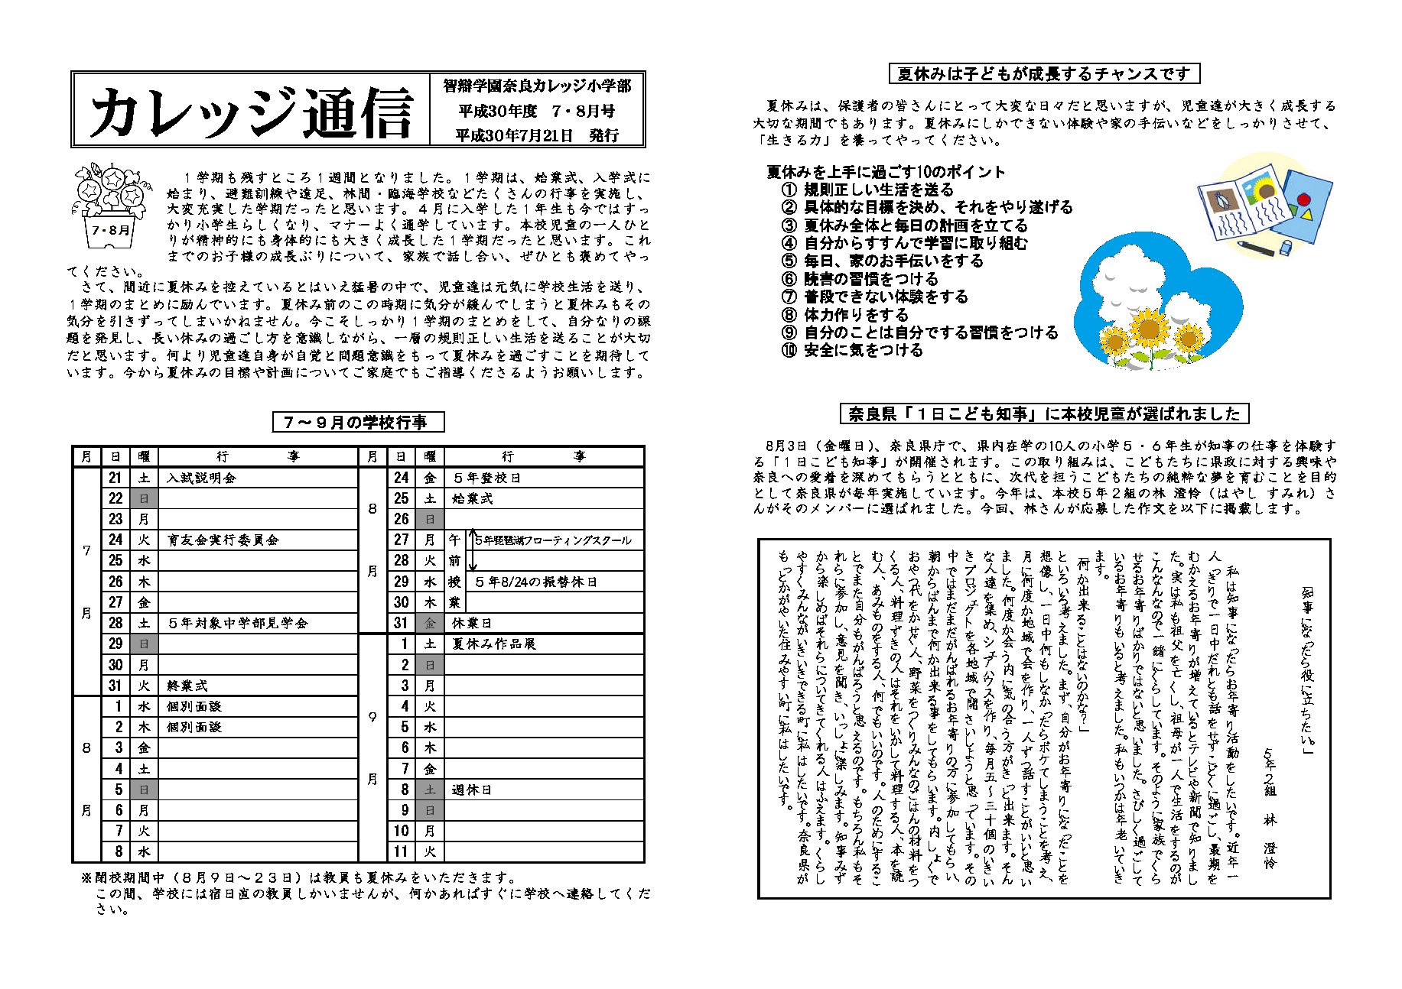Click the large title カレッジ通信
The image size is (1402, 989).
point(251,112)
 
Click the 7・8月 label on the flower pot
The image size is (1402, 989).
point(111,229)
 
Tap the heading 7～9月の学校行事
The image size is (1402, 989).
point(358,423)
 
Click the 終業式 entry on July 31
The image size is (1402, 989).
point(187,686)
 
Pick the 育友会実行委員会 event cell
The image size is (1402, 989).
point(223,540)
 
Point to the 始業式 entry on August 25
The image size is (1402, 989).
point(473,499)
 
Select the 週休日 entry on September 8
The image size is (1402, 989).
point(472,790)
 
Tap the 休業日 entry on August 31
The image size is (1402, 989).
point(472,623)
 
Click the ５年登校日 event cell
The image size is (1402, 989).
point(487,478)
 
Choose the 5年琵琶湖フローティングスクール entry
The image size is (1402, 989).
point(553,540)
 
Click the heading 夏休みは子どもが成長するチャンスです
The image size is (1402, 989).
point(1044,74)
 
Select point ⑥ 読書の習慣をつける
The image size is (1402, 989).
point(860,279)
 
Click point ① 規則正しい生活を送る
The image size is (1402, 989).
point(868,190)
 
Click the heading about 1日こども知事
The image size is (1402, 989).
point(1044,414)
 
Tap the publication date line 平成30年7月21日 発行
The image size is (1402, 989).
point(537,135)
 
